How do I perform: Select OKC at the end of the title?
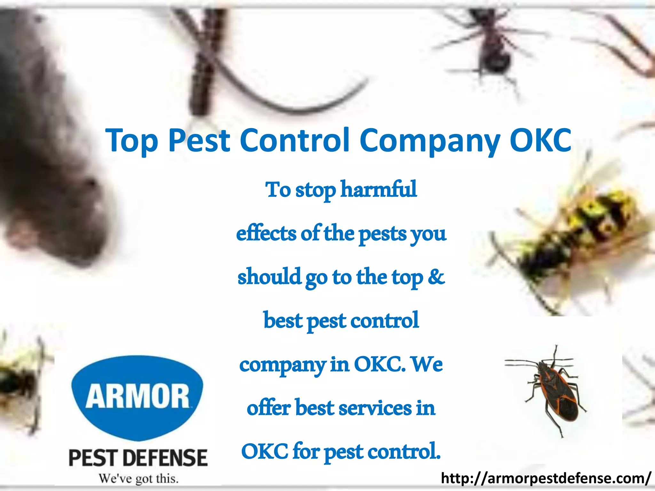540,140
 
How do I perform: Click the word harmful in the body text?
379,189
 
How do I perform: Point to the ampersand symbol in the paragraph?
436,277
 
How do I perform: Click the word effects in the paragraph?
266,233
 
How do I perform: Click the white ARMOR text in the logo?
138,397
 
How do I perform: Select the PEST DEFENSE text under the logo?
138,458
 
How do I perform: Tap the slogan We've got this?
138,479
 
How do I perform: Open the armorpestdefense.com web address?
546,478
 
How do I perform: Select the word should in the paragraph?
269,277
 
